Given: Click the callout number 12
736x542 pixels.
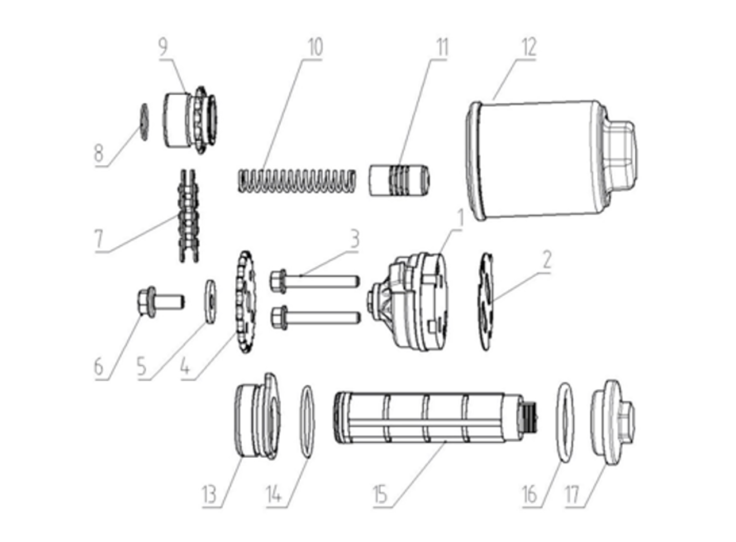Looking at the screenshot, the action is [529, 47].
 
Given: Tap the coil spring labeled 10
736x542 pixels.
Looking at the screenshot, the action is [297, 181].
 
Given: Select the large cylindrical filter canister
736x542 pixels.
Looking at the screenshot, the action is [551, 160].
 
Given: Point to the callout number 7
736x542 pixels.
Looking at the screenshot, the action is [99, 238].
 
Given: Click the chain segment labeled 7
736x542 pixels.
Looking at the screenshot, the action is [188, 216].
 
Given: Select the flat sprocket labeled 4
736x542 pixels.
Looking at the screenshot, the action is [246, 302].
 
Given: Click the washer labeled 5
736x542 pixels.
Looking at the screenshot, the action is [210, 301].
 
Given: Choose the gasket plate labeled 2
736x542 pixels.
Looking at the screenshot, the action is [486, 302].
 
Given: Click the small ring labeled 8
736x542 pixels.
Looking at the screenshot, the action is [144, 122].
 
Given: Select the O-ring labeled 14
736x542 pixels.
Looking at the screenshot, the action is [308, 422].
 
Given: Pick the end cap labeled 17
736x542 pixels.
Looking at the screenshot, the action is [612, 422].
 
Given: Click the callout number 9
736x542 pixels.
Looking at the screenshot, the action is [163, 47].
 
